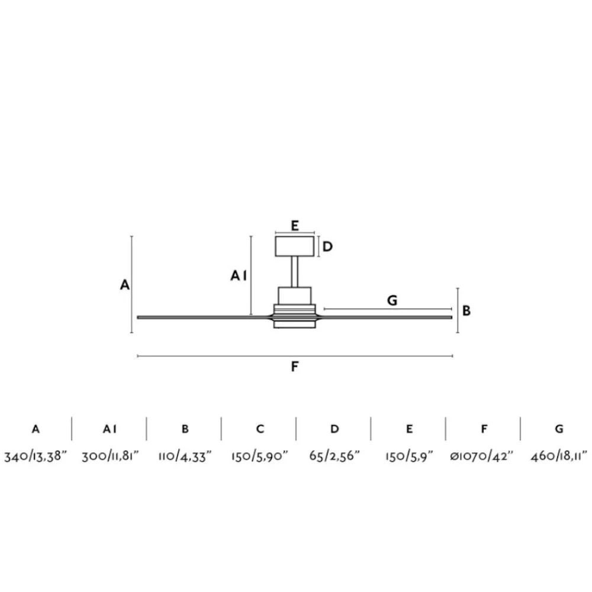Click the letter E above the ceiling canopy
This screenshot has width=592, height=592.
click(x=295, y=226)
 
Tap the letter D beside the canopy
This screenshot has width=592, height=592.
click(x=327, y=246)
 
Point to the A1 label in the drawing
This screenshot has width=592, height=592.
click(x=239, y=276)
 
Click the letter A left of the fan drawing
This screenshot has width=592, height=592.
click(x=124, y=285)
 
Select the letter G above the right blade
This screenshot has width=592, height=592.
click(x=392, y=301)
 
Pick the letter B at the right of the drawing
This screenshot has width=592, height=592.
click(x=466, y=311)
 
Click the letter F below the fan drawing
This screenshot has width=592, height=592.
click(x=295, y=366)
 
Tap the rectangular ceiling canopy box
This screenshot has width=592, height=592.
click(x=294, y=246)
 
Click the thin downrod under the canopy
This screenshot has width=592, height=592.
click(x=294, y=272)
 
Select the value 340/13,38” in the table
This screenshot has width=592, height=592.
click(x=35, y=456)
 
